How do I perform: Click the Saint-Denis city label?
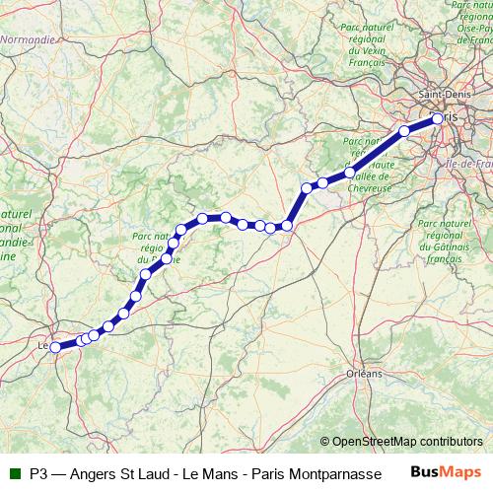coord(446,95)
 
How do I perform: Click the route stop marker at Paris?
coord(438,119)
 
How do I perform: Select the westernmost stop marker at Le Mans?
coord(55,347)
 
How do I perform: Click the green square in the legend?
coord(13,471)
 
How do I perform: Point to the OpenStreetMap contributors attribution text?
coord(408,442)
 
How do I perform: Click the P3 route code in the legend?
coord(39,472)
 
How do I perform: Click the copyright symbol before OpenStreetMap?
coord(325,442)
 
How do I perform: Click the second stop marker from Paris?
coord(404,130)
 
